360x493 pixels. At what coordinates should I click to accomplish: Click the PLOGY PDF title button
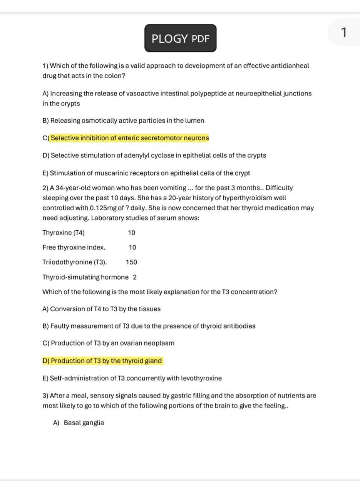180,39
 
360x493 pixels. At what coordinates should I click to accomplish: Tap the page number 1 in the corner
344,33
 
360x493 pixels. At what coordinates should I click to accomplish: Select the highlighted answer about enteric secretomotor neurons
130,138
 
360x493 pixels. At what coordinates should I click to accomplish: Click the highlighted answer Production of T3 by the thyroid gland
106,361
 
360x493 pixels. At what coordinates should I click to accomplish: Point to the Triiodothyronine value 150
131,262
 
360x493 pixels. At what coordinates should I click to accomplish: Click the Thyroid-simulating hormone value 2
135,277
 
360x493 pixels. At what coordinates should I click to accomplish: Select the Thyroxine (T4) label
64,233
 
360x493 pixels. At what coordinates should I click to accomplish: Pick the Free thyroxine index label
74,248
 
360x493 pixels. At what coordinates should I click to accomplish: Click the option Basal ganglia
84,423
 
